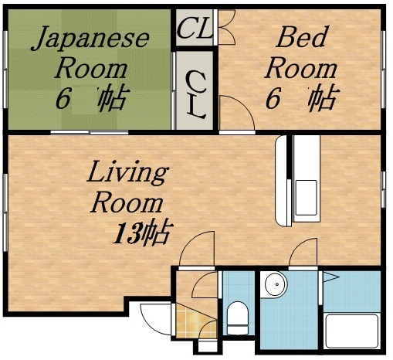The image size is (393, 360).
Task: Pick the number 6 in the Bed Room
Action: (x=272, y=99)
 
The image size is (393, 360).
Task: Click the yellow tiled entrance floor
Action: (x=187, y=320)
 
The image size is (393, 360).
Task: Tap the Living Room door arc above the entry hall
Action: (x=196, y=249)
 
